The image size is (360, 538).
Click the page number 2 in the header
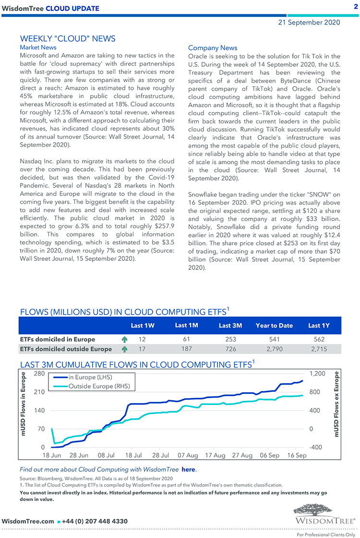(356, 7)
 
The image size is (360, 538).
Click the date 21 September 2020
(309, 22)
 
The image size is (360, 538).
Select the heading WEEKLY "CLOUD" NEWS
(68, 39)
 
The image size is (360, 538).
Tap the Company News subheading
(213, 48)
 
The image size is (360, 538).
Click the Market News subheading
(38, 48)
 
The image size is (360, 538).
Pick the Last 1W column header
(143, 325)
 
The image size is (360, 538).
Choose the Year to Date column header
(274, 325)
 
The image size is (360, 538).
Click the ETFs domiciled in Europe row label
(58, 339)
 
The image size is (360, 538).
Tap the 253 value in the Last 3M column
(231, 339)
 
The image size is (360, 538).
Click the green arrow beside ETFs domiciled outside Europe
(125, 349)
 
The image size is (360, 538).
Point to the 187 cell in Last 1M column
(187, 349)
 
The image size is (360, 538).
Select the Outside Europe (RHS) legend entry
(99, 386)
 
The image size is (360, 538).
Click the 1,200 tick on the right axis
(316, 374)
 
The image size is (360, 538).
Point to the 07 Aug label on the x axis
(188, 455)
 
